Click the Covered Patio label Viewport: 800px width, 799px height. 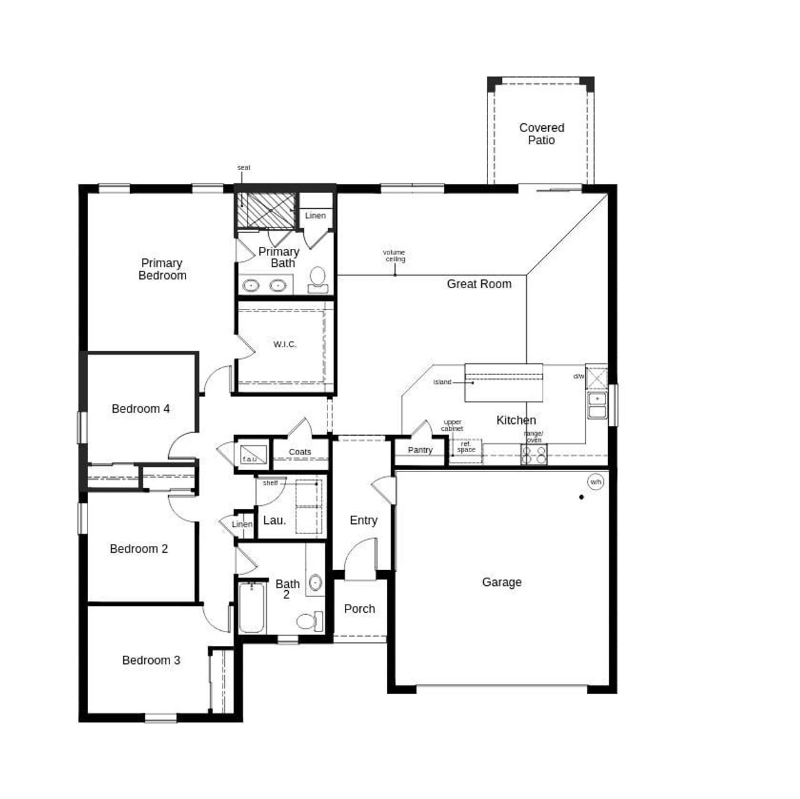click(541, 134)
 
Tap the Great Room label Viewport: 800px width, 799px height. click(479, 284)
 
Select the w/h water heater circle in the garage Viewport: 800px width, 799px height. click(596, 482)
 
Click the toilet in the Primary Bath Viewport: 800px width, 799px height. click(318, 279)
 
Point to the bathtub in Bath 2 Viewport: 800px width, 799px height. click(252, 608)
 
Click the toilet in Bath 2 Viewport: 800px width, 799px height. click(308, 621)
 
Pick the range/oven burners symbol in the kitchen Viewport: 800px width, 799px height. click(534, 455)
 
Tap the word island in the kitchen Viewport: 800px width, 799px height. click(442, 382)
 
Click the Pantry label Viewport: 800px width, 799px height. click(420, 450)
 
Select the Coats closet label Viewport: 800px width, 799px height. click(300, 452)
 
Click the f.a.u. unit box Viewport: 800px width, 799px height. click(252, 453)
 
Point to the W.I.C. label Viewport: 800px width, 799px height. click(284, 344)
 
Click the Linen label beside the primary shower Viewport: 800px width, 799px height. click(316, 216)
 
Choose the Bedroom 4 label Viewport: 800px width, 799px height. click(141, 409)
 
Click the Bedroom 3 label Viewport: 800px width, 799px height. click(151, 660)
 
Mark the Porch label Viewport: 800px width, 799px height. click(359, 609)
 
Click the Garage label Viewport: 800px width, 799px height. click(501, 582)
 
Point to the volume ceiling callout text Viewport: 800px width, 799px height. click(394, 256)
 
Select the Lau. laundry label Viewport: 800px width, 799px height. click(274, 520)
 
